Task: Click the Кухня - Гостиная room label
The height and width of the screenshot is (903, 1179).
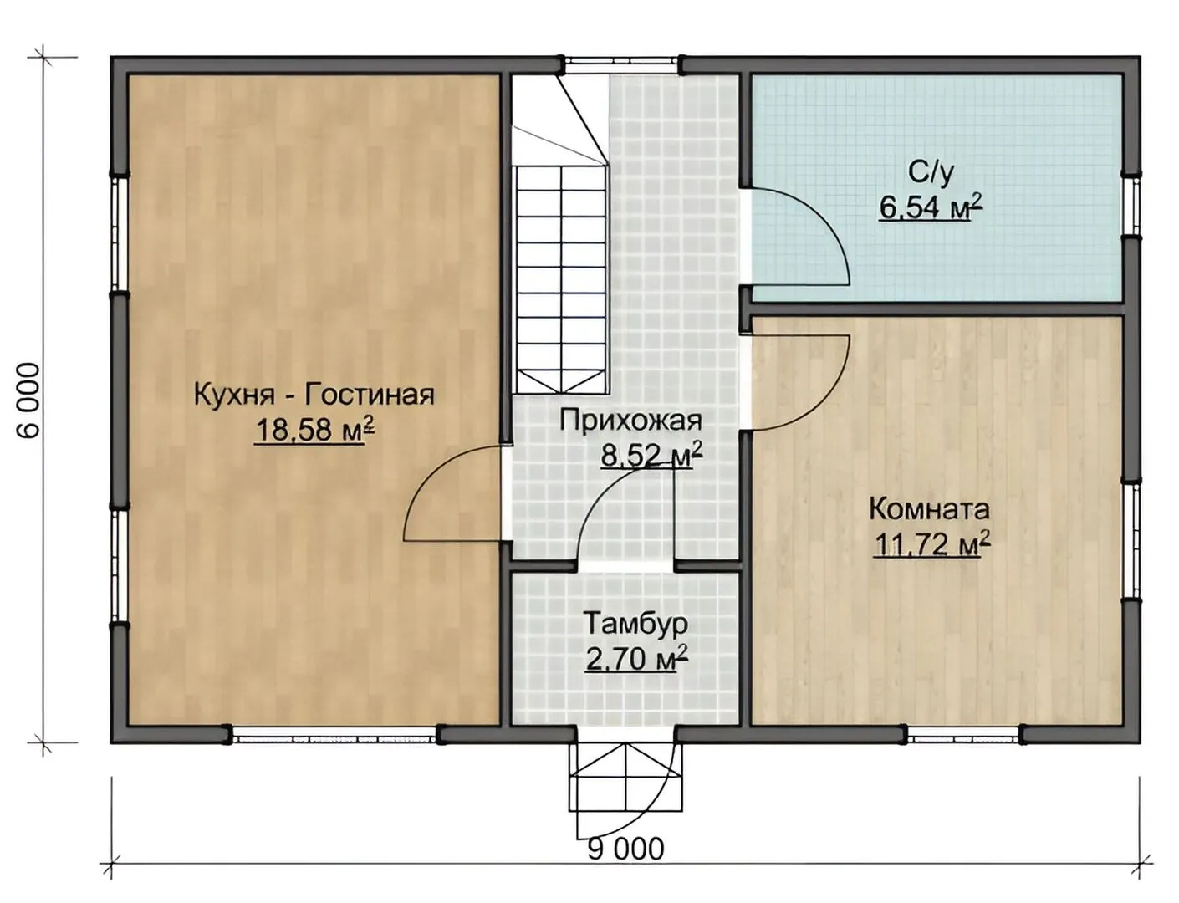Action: point(314,395)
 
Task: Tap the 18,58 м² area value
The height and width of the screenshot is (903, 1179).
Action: point(314,431)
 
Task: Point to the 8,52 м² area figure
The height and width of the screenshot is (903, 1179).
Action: point(651,454)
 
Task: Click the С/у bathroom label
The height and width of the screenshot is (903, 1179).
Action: point(931,172)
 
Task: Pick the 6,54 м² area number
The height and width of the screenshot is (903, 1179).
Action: point(931,207)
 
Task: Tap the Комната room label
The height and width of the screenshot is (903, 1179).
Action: point(930,510)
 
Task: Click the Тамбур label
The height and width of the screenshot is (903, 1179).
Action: point(635,625)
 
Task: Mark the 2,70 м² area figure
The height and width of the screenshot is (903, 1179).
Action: point(636,659)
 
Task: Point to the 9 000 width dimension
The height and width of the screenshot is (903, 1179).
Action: point(625,849)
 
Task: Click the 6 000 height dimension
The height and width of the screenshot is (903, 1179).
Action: point(28,400)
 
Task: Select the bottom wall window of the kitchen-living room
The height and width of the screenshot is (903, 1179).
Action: point(334,735)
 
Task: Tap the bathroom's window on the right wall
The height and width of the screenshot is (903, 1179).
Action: point(1131,205)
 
